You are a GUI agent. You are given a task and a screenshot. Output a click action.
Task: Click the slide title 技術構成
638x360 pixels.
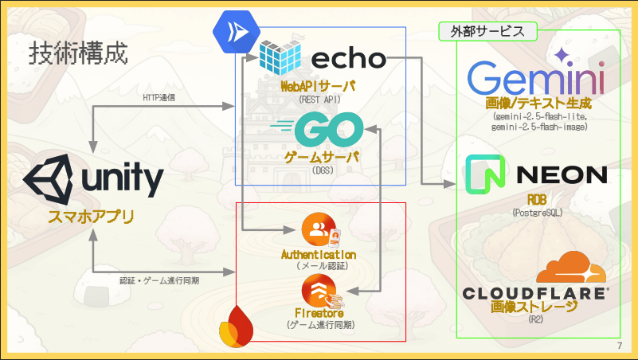pos(78,54)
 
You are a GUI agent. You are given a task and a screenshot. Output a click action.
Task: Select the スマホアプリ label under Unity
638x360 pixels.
pos(90,216)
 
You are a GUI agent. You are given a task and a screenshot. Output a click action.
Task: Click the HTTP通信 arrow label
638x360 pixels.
pos(159,97)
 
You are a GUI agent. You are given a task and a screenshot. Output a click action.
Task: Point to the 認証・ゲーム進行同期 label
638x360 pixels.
pos(159,280)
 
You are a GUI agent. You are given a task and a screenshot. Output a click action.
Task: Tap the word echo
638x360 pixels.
pos(348,58)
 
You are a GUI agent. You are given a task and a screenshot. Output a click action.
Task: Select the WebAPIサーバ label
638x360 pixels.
pos(318,86)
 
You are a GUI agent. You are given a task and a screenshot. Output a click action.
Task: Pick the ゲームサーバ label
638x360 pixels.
pos(322,157)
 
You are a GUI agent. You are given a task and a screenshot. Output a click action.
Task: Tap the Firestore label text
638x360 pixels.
pos(319,313)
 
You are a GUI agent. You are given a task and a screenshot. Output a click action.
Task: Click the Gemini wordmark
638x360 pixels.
pos(535,77)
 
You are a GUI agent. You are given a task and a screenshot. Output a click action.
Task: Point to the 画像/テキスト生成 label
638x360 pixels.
pos(538,104)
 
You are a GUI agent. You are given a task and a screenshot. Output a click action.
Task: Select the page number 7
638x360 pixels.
pos(619,346)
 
